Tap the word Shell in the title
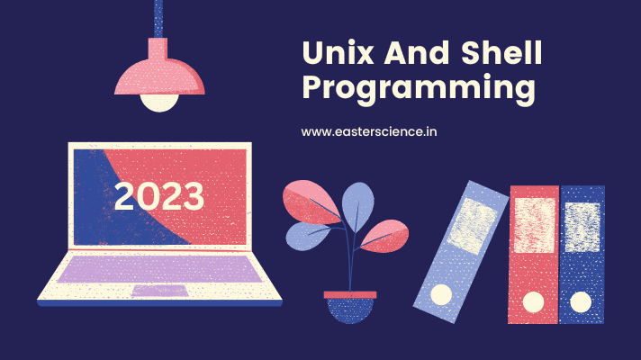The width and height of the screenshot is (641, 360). [499, 54]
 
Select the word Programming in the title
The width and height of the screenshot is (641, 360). [418, 91]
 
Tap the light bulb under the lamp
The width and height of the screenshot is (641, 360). [158, 99]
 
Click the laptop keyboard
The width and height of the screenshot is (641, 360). [159, 267]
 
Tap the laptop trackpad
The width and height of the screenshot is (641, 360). [159, 291]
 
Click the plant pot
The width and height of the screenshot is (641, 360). [350, 308]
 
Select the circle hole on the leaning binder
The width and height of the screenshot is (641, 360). [440, 294]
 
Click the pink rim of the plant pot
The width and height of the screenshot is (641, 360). [350, 295]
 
